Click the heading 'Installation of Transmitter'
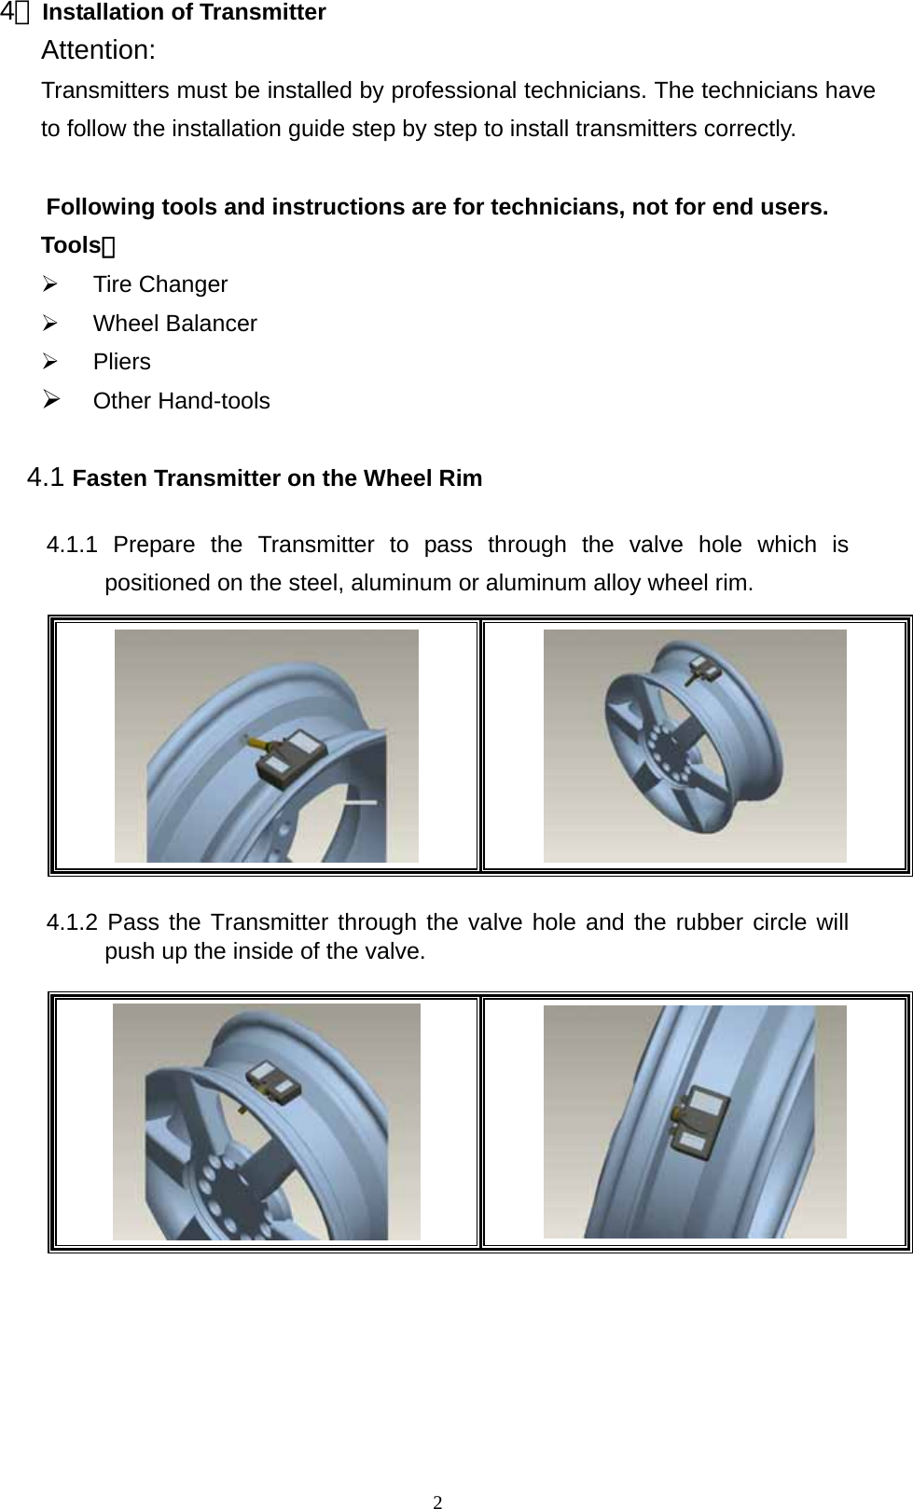click(184, 13)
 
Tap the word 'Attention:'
click(98, 50)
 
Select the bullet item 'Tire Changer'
click(159, 284)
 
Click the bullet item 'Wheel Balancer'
click(174, 324)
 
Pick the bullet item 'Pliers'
click(121, 362)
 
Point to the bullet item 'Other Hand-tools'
click(181, 401)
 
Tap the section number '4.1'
click(46, 478)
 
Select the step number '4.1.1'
click(72, 545)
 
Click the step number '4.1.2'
click(72, 922)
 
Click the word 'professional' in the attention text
click(454, 90)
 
